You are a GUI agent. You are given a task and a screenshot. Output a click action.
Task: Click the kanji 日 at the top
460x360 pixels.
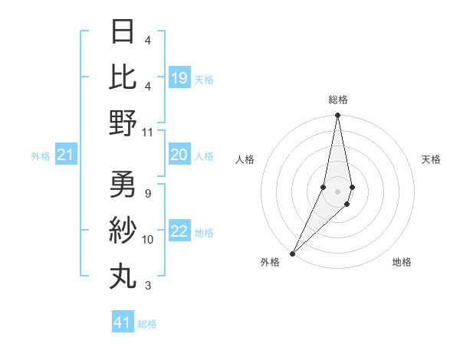123,31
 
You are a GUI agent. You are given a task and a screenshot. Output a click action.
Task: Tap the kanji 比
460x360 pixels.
123,77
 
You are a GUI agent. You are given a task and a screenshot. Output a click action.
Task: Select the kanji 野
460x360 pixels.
123,123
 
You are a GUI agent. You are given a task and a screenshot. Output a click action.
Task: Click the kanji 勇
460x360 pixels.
123,184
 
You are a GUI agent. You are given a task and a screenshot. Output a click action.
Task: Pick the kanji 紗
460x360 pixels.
123,230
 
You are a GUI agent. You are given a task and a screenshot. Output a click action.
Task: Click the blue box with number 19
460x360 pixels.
179,78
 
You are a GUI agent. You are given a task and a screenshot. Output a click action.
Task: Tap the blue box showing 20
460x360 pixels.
179,155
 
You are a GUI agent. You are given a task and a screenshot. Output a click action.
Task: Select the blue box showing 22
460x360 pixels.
179,232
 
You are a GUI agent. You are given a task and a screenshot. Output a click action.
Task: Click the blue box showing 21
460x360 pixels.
66,155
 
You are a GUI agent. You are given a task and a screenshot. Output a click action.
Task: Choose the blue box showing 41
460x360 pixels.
123,322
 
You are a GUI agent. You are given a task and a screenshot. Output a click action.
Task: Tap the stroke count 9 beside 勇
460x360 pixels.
147,193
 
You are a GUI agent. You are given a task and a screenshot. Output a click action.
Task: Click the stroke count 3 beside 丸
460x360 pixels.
147,286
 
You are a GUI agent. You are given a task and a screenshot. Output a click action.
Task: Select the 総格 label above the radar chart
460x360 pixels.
338,100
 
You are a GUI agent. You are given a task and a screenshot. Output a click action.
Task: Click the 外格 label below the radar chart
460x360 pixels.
270,263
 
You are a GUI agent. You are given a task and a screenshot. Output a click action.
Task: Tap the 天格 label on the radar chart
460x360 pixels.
432,159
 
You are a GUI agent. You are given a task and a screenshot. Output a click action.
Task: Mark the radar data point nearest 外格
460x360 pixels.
293,253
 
